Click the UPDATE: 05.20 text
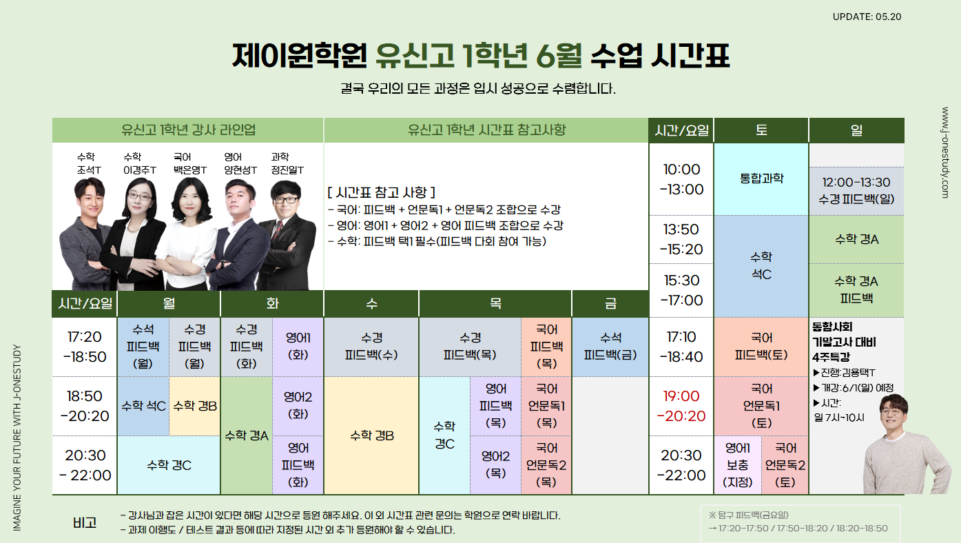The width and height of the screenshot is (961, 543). pyautogui.click(x=867, y=17)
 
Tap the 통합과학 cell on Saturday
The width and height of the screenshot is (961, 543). pyautogui.click(x=761, y=178)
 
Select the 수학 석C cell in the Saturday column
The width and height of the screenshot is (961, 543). pyautogui.click(x=761, y=266)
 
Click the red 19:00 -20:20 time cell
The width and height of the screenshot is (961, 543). pyautogui.click(x=681, y=406)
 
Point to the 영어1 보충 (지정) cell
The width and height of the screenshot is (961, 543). pyautogui.click(x=738, y=465)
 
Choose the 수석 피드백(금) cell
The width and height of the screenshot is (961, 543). pyautogui.click(x=610, y=347)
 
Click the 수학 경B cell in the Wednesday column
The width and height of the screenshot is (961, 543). pyautogui.click(x=371, y=436)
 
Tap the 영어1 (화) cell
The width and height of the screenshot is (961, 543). pyautogui.click(x=298, y=347)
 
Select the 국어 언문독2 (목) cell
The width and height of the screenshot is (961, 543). pyautogui.click(x=546, y=465)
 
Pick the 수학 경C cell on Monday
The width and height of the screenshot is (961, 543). pyautogui.click(x=169, y=465)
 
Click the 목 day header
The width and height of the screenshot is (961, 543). pyautogui.click(x=495, y=303)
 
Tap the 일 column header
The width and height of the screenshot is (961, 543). pyautogui.click(x=856, y=130)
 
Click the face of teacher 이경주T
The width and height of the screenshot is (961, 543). pyautogui.click(x=139, y=197)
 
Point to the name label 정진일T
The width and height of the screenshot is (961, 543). pyautogui.click(x=287, y=170)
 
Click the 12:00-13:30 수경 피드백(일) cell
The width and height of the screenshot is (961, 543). pyautogui.click(x=856, y=191)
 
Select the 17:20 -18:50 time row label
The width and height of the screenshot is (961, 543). pyautogui.click(x=85, y=347)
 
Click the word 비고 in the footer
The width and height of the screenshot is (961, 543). pyautogui.click(x=85, y=522)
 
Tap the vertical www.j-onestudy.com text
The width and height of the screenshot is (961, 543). pyautogui.click(x=944, y=152)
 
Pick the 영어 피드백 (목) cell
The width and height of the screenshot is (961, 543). pyautogui.click(x=495, y=406)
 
